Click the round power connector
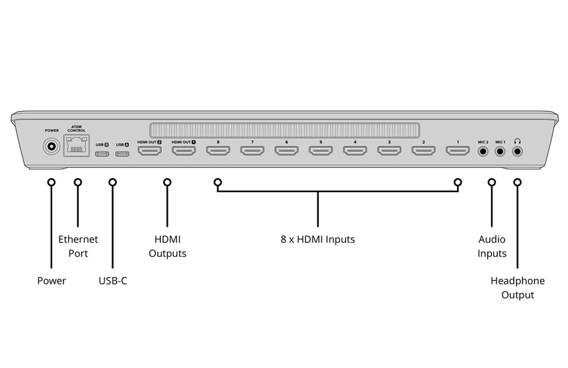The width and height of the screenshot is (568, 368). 51,147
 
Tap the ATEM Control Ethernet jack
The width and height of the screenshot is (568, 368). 76,145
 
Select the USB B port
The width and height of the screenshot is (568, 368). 102,154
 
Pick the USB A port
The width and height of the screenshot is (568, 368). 122,154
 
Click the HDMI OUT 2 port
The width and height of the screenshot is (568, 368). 150,151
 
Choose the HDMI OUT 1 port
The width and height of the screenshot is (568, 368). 184,151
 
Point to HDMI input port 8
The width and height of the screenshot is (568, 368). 218,151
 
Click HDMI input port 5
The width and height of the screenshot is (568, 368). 321,151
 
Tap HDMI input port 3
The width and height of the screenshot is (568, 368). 390,151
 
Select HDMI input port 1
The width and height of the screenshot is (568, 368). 458,151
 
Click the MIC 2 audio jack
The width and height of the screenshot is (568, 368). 483,151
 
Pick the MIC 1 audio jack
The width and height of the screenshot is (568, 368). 500,151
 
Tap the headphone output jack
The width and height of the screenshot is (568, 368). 517,151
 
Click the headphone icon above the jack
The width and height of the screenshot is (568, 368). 517,141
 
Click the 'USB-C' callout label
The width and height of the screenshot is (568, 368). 113,280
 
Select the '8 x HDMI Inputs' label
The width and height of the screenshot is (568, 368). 317,240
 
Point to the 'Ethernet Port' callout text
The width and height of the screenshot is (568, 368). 78,246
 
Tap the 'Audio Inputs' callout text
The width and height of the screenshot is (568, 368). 492,246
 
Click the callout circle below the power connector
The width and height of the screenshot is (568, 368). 51,182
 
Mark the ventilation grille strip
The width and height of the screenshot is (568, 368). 285,130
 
